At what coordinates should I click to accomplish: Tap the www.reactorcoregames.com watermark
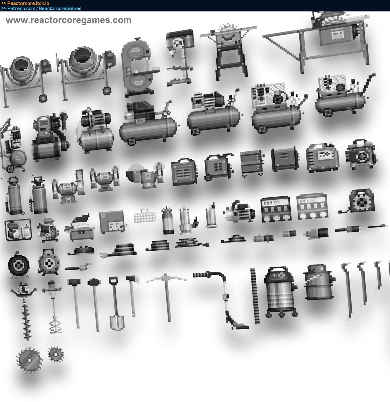(69, 20)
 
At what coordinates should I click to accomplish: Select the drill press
(180, 57)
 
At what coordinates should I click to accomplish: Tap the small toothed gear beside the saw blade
(56, 354)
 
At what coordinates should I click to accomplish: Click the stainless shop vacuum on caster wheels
(281, 292)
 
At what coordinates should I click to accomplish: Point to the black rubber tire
(18, 265)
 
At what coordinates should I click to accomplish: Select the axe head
(132, 279)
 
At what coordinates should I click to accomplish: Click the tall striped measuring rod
(255, 296)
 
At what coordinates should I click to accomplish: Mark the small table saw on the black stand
(229, 52)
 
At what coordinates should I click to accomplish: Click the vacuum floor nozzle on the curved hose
(237, 324)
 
